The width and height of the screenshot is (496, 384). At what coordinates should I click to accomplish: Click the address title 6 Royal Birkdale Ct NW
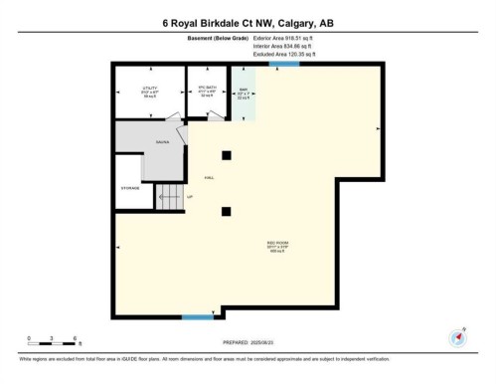tap(248, 22)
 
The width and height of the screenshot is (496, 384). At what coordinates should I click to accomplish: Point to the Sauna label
tap(163, 142)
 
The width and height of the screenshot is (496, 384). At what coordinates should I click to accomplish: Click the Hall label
tap(209, 177)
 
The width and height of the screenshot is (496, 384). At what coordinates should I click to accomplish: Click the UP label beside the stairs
tap(189, 197)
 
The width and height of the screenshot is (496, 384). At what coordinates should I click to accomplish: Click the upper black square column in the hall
tap(227, 153)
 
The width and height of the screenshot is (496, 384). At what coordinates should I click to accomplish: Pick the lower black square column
tap(227, 209)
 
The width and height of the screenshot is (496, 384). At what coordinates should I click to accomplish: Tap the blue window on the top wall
tap(284, 65)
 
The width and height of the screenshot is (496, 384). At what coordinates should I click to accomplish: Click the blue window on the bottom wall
tap(196, 317)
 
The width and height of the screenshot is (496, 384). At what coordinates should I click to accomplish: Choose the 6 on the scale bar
tap(77, 338)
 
